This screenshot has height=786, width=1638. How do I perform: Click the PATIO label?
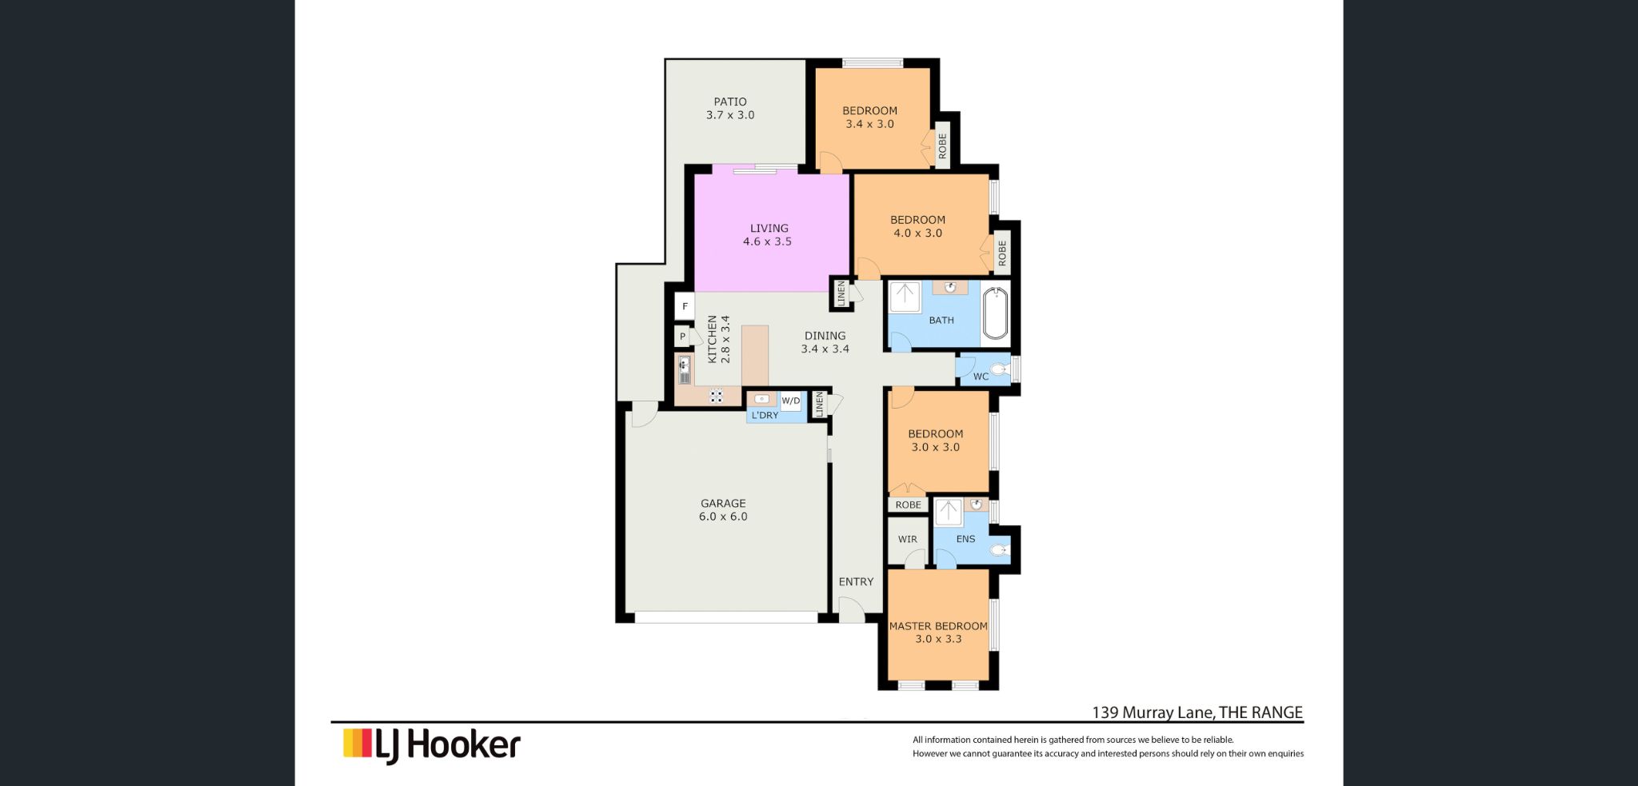(729, 102)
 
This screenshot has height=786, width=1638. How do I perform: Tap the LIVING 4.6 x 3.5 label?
(768, 234)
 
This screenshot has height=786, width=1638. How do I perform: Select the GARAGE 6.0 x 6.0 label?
(723, 509)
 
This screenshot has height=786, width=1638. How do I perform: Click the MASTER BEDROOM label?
(938, 626)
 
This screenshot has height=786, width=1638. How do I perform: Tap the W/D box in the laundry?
(790, 401)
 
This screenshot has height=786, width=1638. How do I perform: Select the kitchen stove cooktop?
(716, 395)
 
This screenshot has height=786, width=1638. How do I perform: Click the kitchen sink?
(684, 370)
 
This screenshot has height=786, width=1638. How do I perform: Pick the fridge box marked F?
(685, 306)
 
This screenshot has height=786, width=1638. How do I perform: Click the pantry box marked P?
(682, 337)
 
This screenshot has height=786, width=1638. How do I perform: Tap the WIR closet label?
(907, 539)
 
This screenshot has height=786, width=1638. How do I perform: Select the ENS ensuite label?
(965, 539)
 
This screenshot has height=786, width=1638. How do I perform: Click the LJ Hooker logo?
(432, 744)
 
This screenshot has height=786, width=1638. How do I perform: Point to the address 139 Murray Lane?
(1197, 712)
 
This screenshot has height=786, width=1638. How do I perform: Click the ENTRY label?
(856, 581)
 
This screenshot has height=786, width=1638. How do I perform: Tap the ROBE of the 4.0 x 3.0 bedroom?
(1001, 253)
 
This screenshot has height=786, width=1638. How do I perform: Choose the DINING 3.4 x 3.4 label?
(825, 342)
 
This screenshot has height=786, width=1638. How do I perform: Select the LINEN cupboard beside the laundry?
(818, 404)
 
